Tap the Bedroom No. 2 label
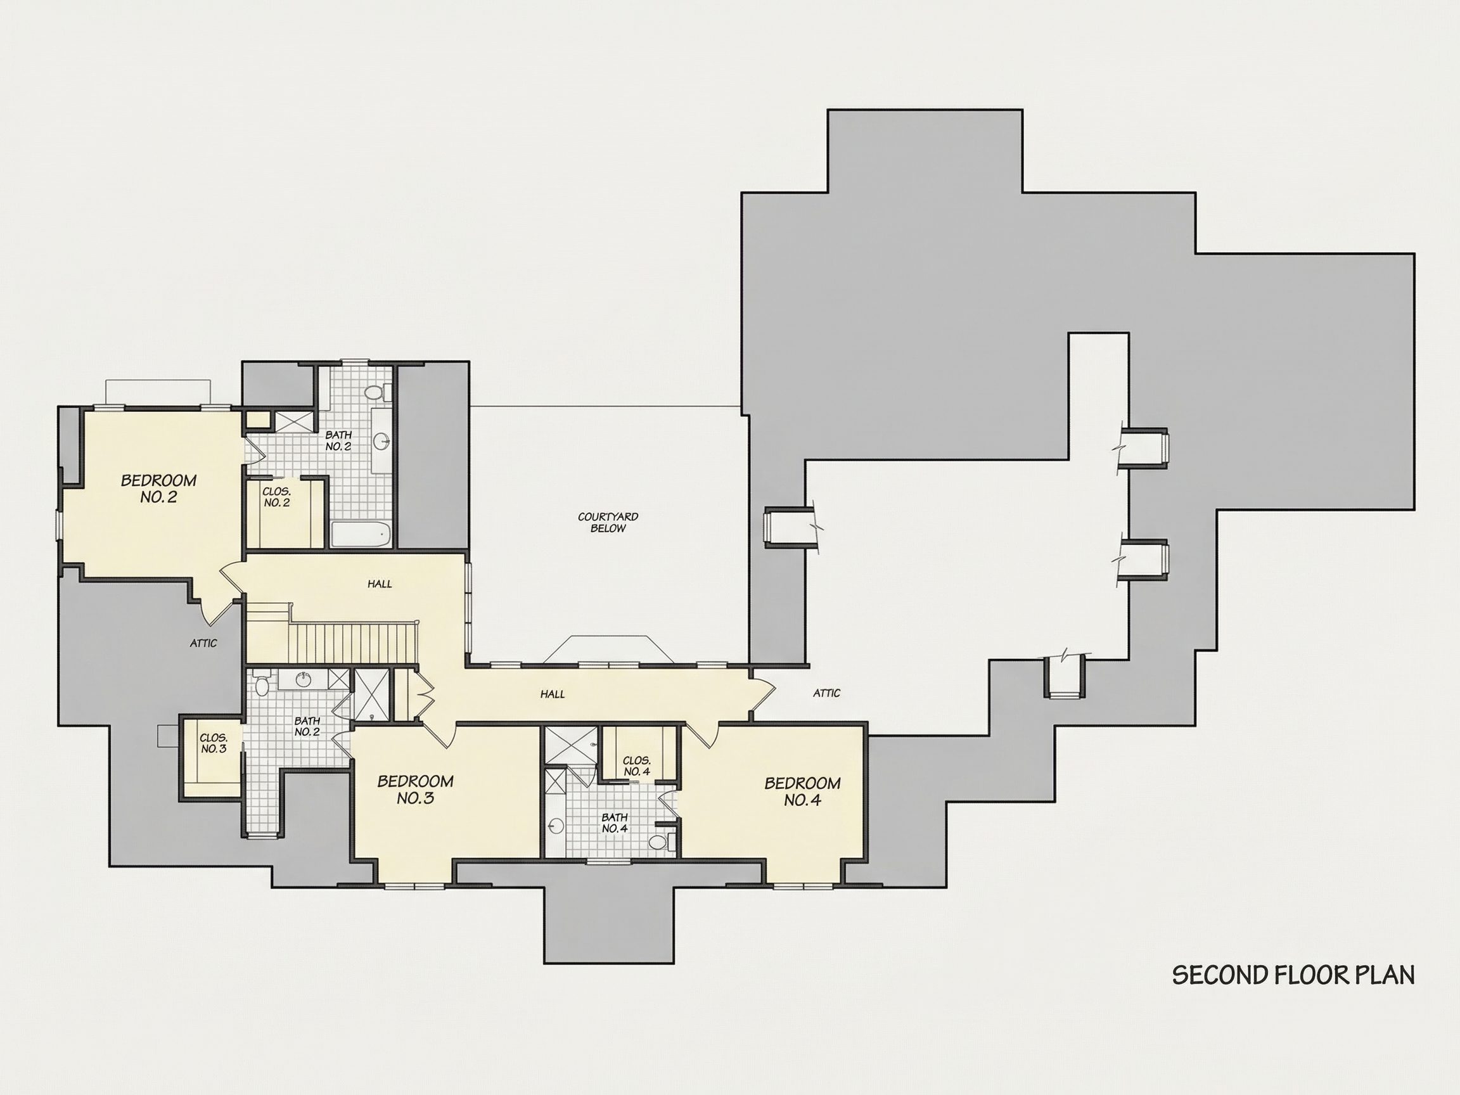(158, 489)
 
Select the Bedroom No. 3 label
(415, 790)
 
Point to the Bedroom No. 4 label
(803, 791)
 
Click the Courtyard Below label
(608, 523)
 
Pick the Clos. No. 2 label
(276, 497)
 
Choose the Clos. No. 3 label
(214, 743)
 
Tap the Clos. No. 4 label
(636, 765)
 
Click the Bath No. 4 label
(614, 823)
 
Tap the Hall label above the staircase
(380, 584)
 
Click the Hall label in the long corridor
(553, 694)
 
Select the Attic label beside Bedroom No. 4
(826, 693)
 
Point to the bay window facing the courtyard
(608, 650)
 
